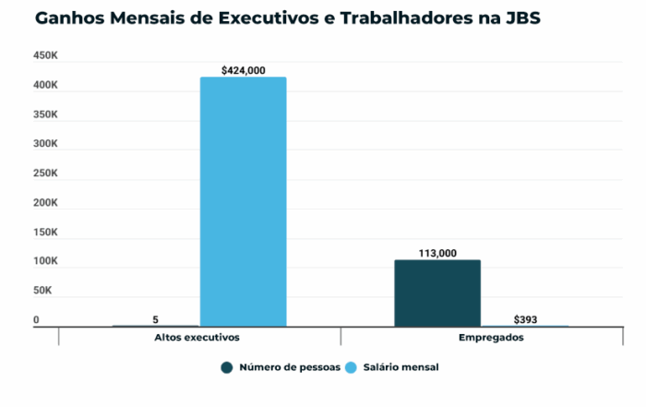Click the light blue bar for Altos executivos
(243, 201)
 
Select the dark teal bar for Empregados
(437, 293)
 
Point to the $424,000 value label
(244, 69)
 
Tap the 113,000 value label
(437, 252)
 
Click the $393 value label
(525, 318)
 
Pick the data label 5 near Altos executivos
(156, 318)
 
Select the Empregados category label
(491, 338)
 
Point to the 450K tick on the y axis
(46, 56)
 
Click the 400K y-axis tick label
(46, 86)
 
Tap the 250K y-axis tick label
(46, 174)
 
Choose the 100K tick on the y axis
(46, 262)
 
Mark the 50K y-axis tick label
(44, 291)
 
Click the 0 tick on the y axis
(37, 320)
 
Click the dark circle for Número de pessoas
(226, 367)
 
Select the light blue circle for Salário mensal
(351, 367)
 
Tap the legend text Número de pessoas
(289, 367)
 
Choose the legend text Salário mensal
(399, 367)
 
